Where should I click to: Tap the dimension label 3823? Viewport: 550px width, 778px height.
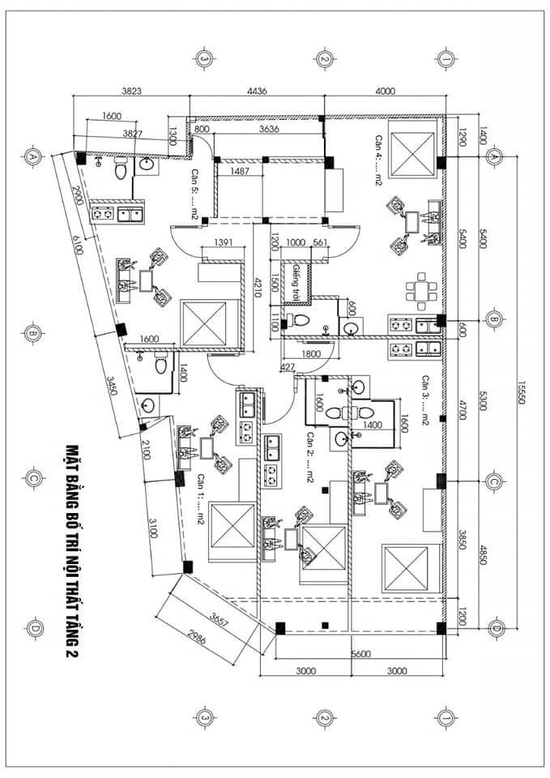pyautogui.click(x=131, y=92)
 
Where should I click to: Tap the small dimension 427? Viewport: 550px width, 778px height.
pyautogui.click(x=286, y=367)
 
